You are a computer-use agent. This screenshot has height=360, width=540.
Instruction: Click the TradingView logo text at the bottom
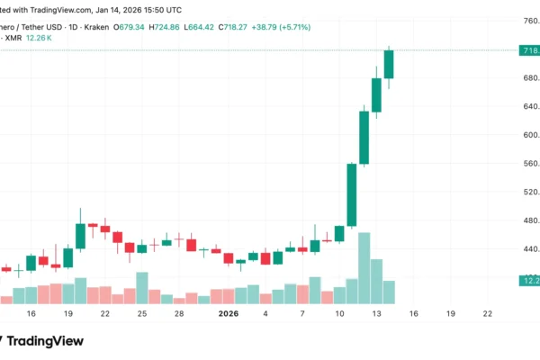pyautogui.click(x=45, y=341)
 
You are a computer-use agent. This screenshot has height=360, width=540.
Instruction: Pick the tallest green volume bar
pyautogui.click(x=364, y=268)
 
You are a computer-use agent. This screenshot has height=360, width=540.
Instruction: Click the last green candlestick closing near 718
pyautogui.click(x=389, y=65)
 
